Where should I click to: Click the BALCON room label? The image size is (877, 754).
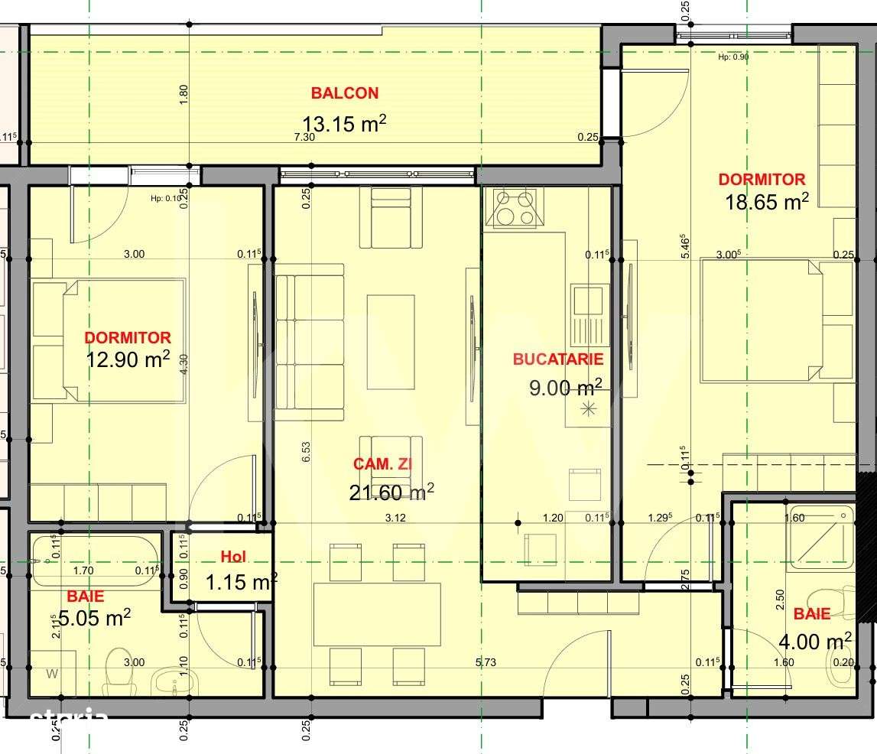click(x=344, y=93)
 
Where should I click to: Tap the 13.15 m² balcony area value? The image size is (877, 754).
click(x=343, y=124)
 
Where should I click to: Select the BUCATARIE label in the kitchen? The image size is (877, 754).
click(x=558, y=359)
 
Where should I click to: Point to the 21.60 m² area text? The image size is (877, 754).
click(x=391, y=492)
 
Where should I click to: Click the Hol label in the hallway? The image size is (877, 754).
click(x=233, y=557)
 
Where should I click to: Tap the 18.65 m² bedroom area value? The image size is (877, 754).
click(x=767, y=202)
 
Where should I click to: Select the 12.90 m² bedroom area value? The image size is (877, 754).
click(x=128, y=359)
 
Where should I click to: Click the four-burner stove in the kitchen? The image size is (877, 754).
click(x=514, y=208)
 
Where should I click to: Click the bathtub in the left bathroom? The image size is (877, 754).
click(x=96, y=561)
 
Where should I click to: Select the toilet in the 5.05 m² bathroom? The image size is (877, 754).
click(x=119, y=668)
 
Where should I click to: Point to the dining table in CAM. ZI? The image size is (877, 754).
click(x=377, y=614)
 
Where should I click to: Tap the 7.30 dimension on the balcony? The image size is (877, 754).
click(x=304, y=138)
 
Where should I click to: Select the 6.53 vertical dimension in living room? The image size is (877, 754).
click(x=306, y=452)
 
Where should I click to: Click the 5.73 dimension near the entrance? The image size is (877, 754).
click(x=485, y=662)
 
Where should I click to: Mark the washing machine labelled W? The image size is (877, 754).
click(x=52, y=674)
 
